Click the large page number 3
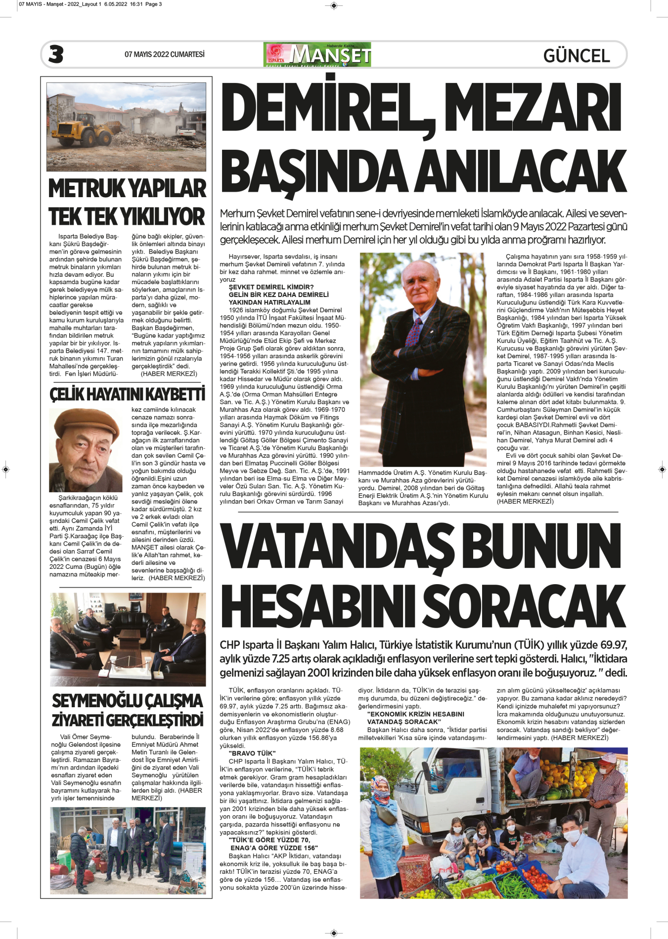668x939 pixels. click(x=56, y=54)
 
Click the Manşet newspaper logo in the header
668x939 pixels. click(x=318, y=54)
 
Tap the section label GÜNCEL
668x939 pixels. click(x=576, y=55)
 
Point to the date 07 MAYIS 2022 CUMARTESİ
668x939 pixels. click(x=164, y=54)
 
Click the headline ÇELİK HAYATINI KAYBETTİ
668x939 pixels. click(x=127, y=394)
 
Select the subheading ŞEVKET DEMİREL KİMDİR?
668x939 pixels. click(x=271, y=287)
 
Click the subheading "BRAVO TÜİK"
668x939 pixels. click(x=252, y=753)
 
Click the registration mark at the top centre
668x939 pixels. click(x=334, y=6)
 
